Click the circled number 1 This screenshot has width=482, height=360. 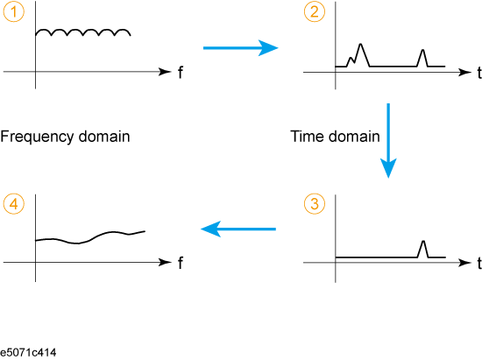(x=13, y=11)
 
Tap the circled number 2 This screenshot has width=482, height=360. (x=314, y=11)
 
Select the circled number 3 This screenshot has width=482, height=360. (x=314, y=204)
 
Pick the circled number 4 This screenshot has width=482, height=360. (x=13, y=204)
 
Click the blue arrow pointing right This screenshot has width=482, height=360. (x=241, y=48)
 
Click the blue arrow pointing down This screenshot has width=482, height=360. (x=388, y=141)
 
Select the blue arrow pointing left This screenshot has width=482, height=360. (x=238, y=229)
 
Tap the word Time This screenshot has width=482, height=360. (x=308, y=137)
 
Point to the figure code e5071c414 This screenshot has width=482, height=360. (x=28, y=352)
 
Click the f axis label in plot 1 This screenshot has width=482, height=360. (x=181, y=73)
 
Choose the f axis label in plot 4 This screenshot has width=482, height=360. (x=181, y=264)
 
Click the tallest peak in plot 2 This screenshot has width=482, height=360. (x=361, y=44)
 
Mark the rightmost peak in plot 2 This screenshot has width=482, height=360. (x=423, y=50)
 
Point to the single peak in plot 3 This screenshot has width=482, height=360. (x=423, y=242)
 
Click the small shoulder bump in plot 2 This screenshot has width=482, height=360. (x=351, y=58)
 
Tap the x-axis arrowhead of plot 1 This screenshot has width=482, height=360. (x=165, y=72)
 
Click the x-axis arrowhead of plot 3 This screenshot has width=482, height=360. (x=464, y=263)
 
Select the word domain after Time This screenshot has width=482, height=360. (x=354, y=137)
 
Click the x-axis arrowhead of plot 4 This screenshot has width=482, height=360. (x=165, y=262)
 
